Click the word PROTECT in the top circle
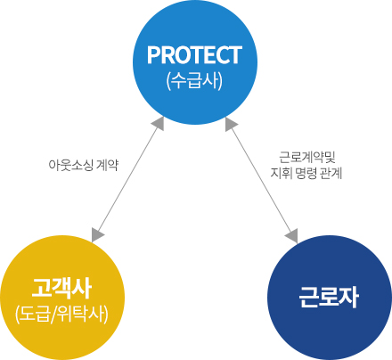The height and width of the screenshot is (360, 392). click(x=195, y=55)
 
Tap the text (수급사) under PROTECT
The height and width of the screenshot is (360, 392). click(x=195, y=80)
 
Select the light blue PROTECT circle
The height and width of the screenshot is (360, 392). click(x=195, y=62)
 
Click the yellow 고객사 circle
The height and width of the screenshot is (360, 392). click(x=62, y=298)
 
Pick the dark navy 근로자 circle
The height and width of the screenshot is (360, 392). click(x=330, y=298)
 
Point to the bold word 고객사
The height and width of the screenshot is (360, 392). click(x=61, y=288)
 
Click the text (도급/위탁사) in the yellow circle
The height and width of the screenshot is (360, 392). click(x=61, y=314)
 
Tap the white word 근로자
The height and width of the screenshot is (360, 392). click(x=329, y=297)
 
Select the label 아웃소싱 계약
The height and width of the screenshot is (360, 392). click(x=84, y=165)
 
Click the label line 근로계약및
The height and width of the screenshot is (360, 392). click(x=307, y=157)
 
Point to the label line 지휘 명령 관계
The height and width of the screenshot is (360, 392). click(x=306, y=173)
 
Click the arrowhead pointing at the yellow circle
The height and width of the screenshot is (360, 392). click(x=97, y=234)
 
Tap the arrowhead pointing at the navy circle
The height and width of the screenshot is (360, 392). click(x=292, y=236)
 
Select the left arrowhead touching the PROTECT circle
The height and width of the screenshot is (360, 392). click(x=159, y=123)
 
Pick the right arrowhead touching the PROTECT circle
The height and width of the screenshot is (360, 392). click(x=231, y=124)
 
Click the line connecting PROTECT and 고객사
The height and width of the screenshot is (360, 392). click(x=128, y=179)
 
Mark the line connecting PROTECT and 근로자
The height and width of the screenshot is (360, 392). click(x=262, y=180)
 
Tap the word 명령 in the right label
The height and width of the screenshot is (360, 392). click(x=306, y=173)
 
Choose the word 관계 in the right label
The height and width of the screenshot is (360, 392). click(x=331, y=173)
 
